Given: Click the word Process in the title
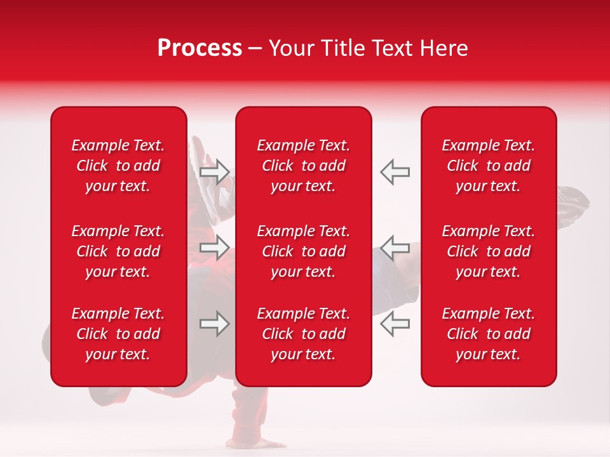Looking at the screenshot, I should point(200,48).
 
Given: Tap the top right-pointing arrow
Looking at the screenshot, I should point(215,172).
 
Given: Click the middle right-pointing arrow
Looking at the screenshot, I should point(215,247).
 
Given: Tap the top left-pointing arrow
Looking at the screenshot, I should point(395,172).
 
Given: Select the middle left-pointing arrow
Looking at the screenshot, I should point(395,247).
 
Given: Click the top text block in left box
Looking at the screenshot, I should point(118,166).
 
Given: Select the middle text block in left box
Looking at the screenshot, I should point(118,251).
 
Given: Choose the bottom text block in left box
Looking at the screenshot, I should point(118,334).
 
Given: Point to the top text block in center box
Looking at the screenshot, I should point(303,166).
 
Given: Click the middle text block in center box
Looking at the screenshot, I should point(303,251).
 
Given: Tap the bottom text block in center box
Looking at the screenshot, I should point(303,334).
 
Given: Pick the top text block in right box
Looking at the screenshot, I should point(488,166).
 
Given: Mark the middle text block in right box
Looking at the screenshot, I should point(488,251).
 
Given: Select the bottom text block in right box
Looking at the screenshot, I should point(488,334).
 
